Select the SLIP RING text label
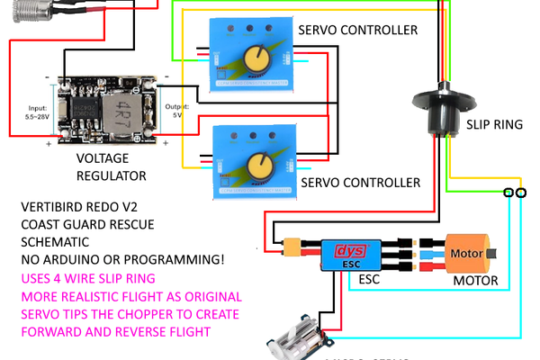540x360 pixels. coord(493,125)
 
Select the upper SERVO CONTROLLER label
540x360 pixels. coord(359,30)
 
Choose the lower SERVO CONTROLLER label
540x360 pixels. coord(360,182)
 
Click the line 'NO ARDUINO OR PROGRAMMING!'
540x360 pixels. coord(122,260)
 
